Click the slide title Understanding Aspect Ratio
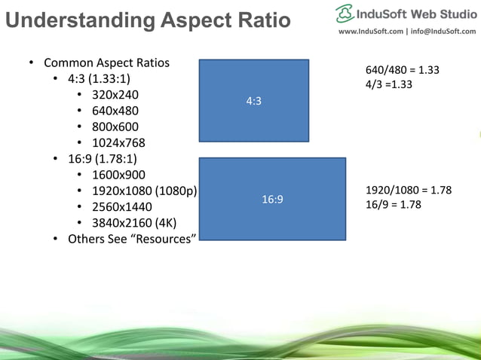pos(148,20)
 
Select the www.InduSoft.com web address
pos(370,32)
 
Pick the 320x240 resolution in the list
pos(115,96)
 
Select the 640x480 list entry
pos(115,111)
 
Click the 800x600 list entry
pos(115,127)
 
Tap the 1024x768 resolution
pos(118,143)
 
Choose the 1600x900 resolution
pos(118,175)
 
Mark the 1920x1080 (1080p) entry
pos(144,191)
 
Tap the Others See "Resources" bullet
pos(132,239)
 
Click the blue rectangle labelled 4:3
pos(254,101)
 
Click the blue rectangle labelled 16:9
pos(272,200)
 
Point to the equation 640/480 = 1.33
pos(402,70)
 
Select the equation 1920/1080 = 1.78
pos(408,191)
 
